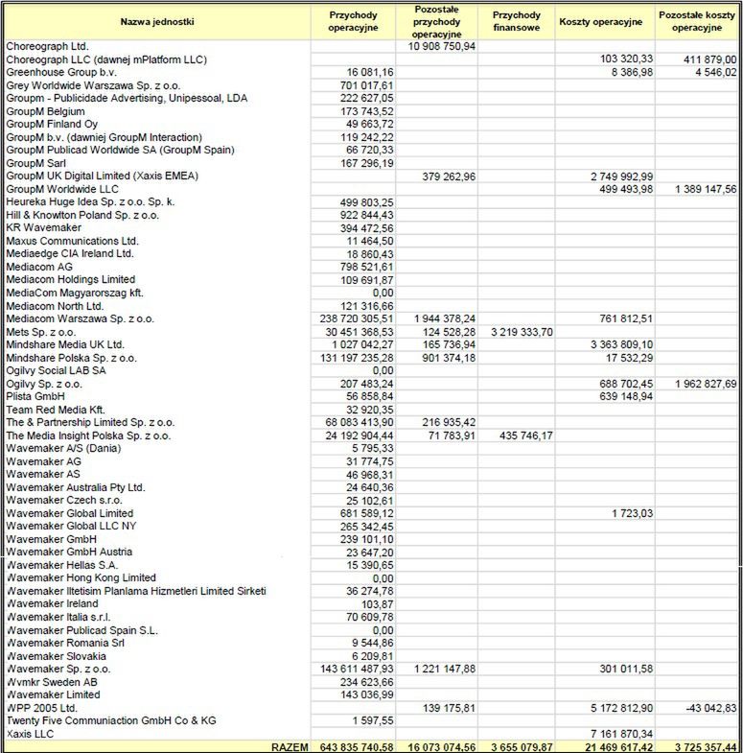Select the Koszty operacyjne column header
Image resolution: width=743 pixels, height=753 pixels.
pyautogui.click(x=600, y=20)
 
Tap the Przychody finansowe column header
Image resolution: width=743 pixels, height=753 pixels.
pyautogui.click(x=517, y=20)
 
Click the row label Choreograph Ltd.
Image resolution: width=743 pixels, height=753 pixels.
pyautogui.click(x=47, y=46)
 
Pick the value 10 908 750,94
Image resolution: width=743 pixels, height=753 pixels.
pyautogui.click(x=442, y=46)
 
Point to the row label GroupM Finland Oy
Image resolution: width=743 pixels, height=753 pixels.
pyautogui.click(x=52, y=124)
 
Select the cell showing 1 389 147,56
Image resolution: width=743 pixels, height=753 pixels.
pyautogui.click(x=700, y=190)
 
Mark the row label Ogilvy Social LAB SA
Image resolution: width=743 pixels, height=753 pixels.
pyautogui.click(x=57, y=370)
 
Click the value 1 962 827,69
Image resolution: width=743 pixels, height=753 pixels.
pyautogui.click(x=700, y=384)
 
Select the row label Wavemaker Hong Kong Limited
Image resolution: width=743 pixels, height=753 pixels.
pyautogui.click(x=81, y=578)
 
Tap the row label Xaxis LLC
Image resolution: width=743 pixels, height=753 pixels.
pyautogui.click(x=31, y=734)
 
